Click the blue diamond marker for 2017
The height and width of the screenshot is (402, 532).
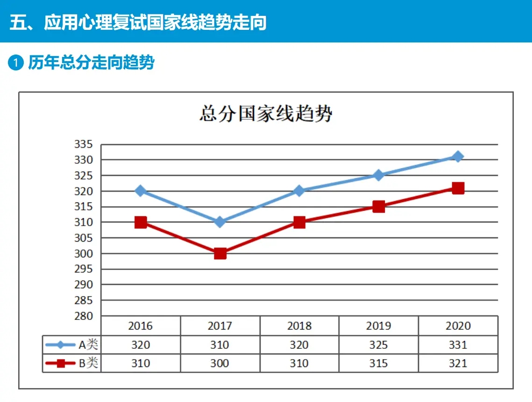click(220, 222)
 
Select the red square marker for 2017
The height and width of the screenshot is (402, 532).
click(220, 253)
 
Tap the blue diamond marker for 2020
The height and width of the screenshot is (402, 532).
click(458, 156)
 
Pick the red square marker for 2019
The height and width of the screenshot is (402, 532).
click(379, 207)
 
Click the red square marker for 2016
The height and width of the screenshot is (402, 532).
click(141, 222)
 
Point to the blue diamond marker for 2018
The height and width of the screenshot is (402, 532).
click(299, 191)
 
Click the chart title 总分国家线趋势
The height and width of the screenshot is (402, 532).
click(266, 114)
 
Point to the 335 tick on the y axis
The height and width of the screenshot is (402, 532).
click(84, 144)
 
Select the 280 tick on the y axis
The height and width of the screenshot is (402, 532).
click(84, 316)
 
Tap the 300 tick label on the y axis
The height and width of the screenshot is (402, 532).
click(84, 253)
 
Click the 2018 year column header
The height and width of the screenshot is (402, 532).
click(299, 326)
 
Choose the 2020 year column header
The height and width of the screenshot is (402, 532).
click(458, 326)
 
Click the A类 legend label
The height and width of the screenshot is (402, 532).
click(88, 345)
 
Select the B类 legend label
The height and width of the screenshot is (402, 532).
click(88, 363)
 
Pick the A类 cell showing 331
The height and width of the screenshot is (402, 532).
click(458, 345)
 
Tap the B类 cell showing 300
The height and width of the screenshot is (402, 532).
click(220, 363)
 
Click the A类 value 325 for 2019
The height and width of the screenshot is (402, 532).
click(379, 345)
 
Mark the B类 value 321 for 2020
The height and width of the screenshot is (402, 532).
click(458, 363)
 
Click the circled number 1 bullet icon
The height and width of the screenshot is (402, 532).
click(15, 62)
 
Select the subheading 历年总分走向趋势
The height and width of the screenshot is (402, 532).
click(91, 62)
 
